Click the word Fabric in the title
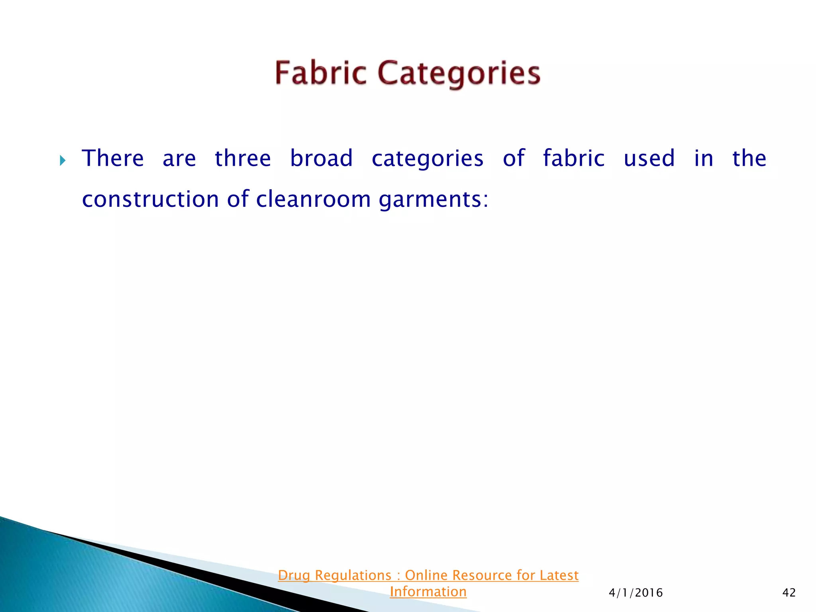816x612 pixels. coord(320,73)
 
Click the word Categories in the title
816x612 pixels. coord(459,74)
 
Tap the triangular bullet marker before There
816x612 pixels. coord(63,161)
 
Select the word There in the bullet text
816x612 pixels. coord(113,158)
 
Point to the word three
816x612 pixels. coord(243,158)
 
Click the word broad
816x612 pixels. coord(321,158)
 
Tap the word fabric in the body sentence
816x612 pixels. coord(574,158)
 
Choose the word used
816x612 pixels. coord(649,158)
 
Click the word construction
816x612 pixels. coord(150,199)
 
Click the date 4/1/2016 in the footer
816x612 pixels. coord(636,593)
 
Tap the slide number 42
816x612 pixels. coord(789,593)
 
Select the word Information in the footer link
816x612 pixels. coord(428,592)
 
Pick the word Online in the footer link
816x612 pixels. coord(426,575)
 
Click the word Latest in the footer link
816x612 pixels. coord(559,575)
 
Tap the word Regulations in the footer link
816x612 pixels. coord(353,576)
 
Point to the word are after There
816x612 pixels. coord(179,159)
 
